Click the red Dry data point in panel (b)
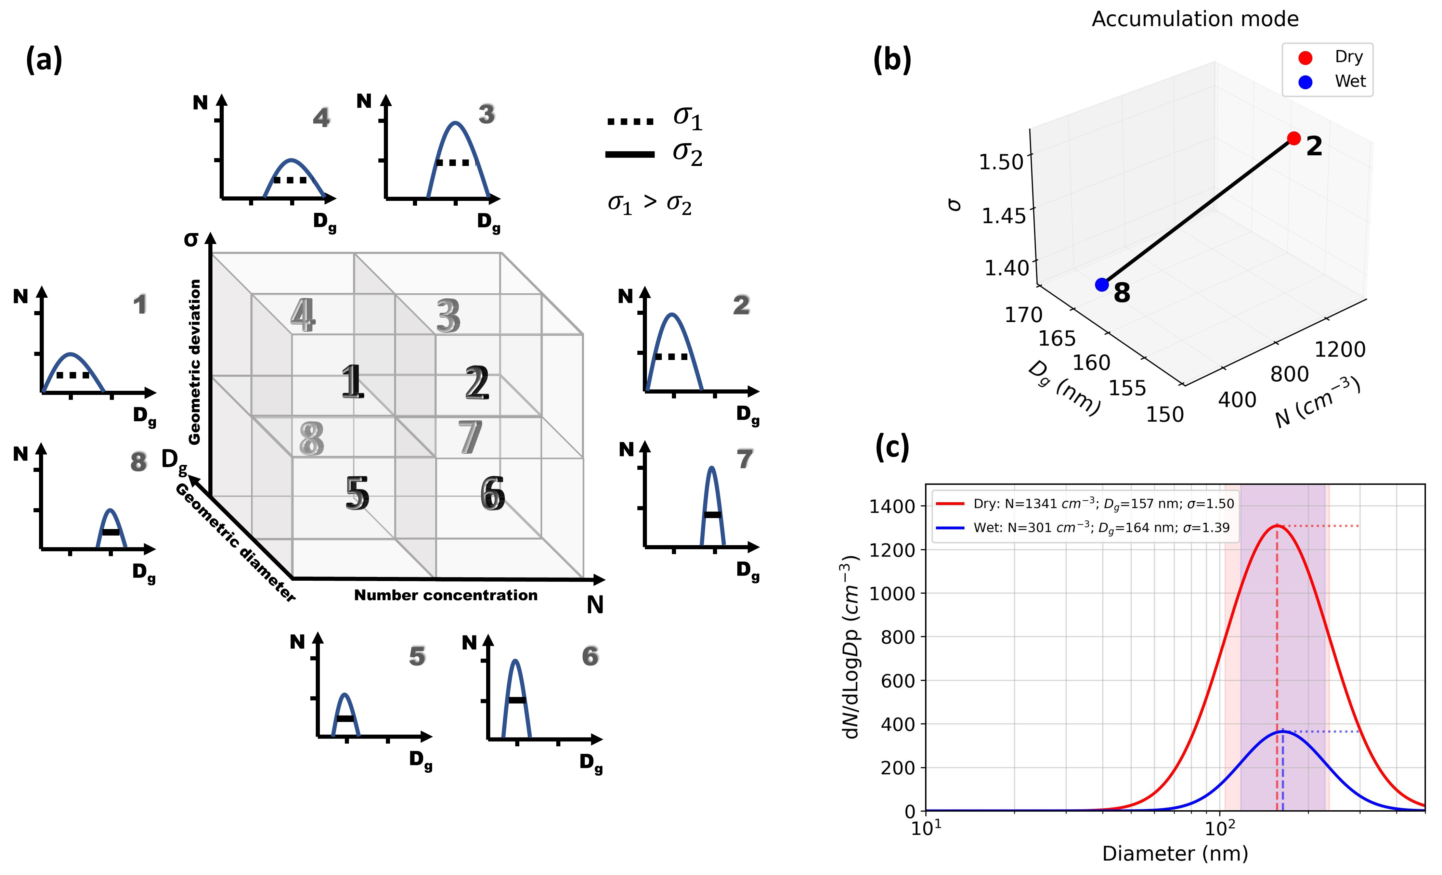(1294, 138)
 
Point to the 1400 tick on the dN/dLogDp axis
(892, 506)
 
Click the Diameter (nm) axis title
(1174, 853)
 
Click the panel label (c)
(892, 448)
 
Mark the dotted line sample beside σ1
(630, 121)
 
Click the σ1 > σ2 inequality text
(650, 204)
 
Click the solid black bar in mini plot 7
(712, 514)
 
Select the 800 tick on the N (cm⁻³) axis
(1289, 373)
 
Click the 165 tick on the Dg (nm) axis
(1057, 338)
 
